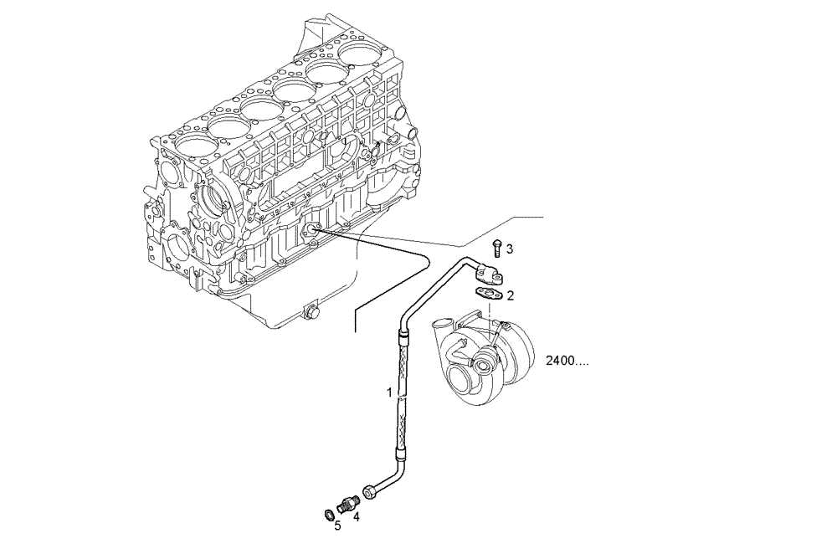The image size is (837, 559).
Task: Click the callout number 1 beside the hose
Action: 388,392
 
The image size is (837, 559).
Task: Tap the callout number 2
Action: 510,295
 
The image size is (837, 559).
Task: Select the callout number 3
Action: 509,249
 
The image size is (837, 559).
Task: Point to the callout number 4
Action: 356,516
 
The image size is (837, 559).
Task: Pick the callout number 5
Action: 337,526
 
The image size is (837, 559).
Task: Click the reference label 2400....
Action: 567,362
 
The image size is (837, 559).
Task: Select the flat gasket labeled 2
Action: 488,293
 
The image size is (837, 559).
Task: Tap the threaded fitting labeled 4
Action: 349,503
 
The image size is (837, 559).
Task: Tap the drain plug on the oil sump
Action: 313,313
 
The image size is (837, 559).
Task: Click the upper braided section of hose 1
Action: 405,364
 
